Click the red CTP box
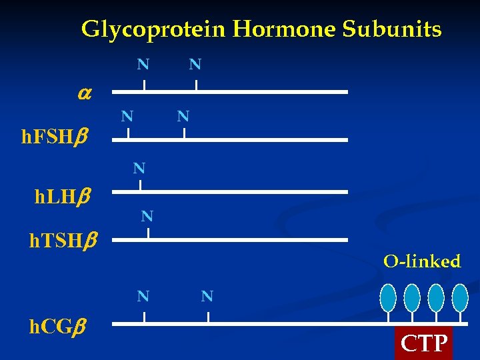423,343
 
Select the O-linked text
421,261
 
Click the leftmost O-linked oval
388,297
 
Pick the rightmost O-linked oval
460,297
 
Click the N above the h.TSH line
147,216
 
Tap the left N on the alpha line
143,65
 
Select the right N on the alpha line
195,65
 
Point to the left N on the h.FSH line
127,116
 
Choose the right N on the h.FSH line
183,116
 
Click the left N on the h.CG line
143,296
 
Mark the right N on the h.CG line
207,296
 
